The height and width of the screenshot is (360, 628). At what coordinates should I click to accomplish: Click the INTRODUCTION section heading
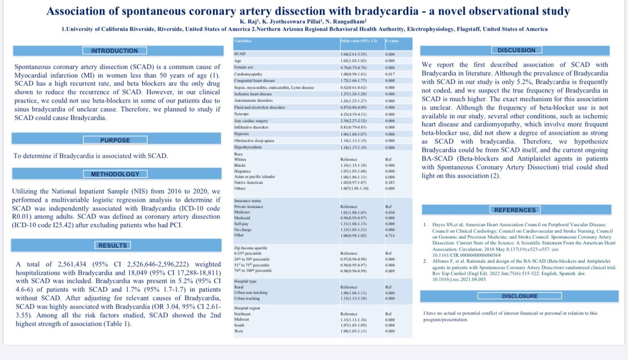tap(114, 51)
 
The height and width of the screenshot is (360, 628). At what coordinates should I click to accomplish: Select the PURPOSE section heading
tap(115, 141)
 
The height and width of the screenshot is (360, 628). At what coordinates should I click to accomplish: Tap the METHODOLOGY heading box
tap(115, 174)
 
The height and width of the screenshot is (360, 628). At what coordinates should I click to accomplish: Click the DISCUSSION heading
tap(517, 50)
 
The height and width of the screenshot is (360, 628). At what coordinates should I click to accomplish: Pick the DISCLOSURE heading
tap(519, 296)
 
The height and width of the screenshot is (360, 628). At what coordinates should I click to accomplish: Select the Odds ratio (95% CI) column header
tap(359, 41)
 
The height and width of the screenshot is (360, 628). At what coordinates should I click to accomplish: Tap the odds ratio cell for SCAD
tap(354, 55)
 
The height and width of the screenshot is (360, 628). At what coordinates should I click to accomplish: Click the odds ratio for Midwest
tap(354, 319)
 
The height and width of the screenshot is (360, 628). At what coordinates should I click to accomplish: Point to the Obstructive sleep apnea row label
tap(254, 140)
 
